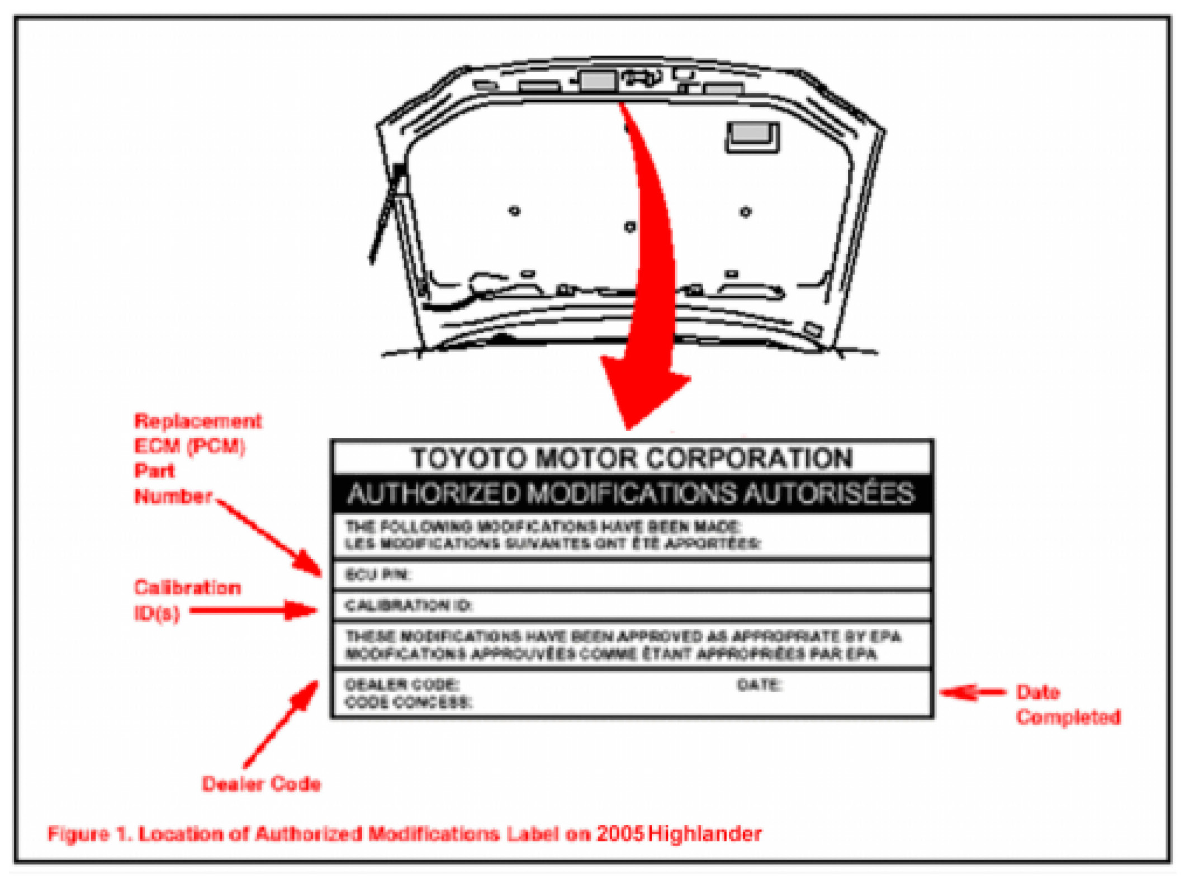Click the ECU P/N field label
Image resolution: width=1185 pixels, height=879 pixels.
[x=378, y=575]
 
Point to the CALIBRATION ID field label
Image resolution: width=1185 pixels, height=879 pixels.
[x=409, y=606]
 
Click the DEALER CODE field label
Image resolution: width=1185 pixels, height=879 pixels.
[x=402, y=684]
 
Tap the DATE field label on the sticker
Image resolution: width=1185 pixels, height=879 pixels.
[x=759, y=684]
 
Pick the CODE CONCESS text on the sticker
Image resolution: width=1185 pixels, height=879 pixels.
[x=408, y=702]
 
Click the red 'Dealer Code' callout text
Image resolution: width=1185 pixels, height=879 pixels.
[x=261, y=784]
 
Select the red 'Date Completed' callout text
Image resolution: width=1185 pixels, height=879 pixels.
[x=1068, y=705]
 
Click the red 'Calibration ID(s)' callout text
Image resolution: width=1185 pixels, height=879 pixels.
[x=187, y=600]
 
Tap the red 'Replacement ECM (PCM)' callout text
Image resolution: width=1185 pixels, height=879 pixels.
[x=197, y=434]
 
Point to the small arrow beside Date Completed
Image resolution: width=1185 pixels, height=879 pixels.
[x=972, y=692]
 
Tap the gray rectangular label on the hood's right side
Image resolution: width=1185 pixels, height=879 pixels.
[x=752, y=136]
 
